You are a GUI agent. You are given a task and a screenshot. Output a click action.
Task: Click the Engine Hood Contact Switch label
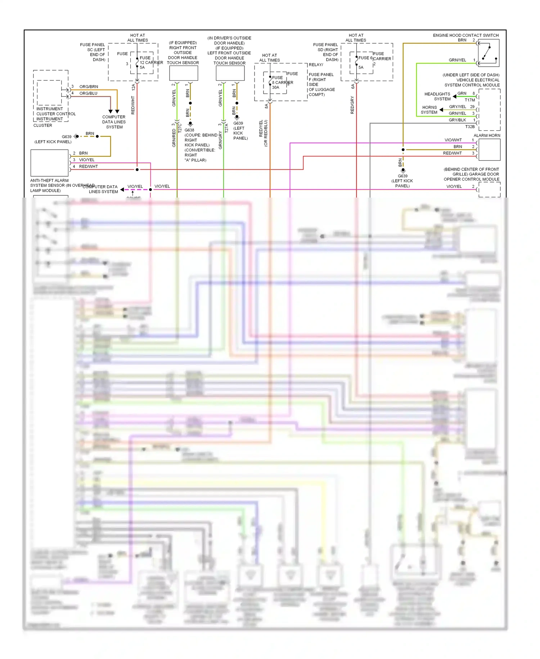tap(465, 35)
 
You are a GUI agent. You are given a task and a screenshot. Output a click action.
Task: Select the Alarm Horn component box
tap(489, 150)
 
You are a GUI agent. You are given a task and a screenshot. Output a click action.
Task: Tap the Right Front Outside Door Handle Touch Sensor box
tap(184, 73)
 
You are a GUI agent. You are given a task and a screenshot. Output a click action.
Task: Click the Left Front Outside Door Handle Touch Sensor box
tap(230, 73)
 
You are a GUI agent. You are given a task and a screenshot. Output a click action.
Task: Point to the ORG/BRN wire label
tap(89, 87)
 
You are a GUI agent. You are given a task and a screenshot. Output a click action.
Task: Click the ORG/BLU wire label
tap(88, 93)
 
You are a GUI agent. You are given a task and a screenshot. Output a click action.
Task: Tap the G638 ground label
tap(189, 130)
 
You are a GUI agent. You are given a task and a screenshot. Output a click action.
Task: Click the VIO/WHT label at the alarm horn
tap(453, 140)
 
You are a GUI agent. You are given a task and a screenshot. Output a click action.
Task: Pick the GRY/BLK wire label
tap(457, 120)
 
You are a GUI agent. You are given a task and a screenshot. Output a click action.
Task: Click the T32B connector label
tap(470, 127)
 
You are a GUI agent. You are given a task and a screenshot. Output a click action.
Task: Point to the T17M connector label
tap(469, 100)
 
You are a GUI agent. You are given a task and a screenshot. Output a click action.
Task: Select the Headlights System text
tap(437, 96)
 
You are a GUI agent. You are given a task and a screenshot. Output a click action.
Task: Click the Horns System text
tap(429, 110)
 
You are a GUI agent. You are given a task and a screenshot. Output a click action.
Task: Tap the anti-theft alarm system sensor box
tap(49, 163)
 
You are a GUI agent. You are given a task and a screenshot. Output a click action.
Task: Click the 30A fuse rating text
tap(275, 88)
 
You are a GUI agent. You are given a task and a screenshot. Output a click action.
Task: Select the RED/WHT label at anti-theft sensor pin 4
tap(89, 167)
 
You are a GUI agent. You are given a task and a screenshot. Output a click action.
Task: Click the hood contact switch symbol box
tap(489, 53)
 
